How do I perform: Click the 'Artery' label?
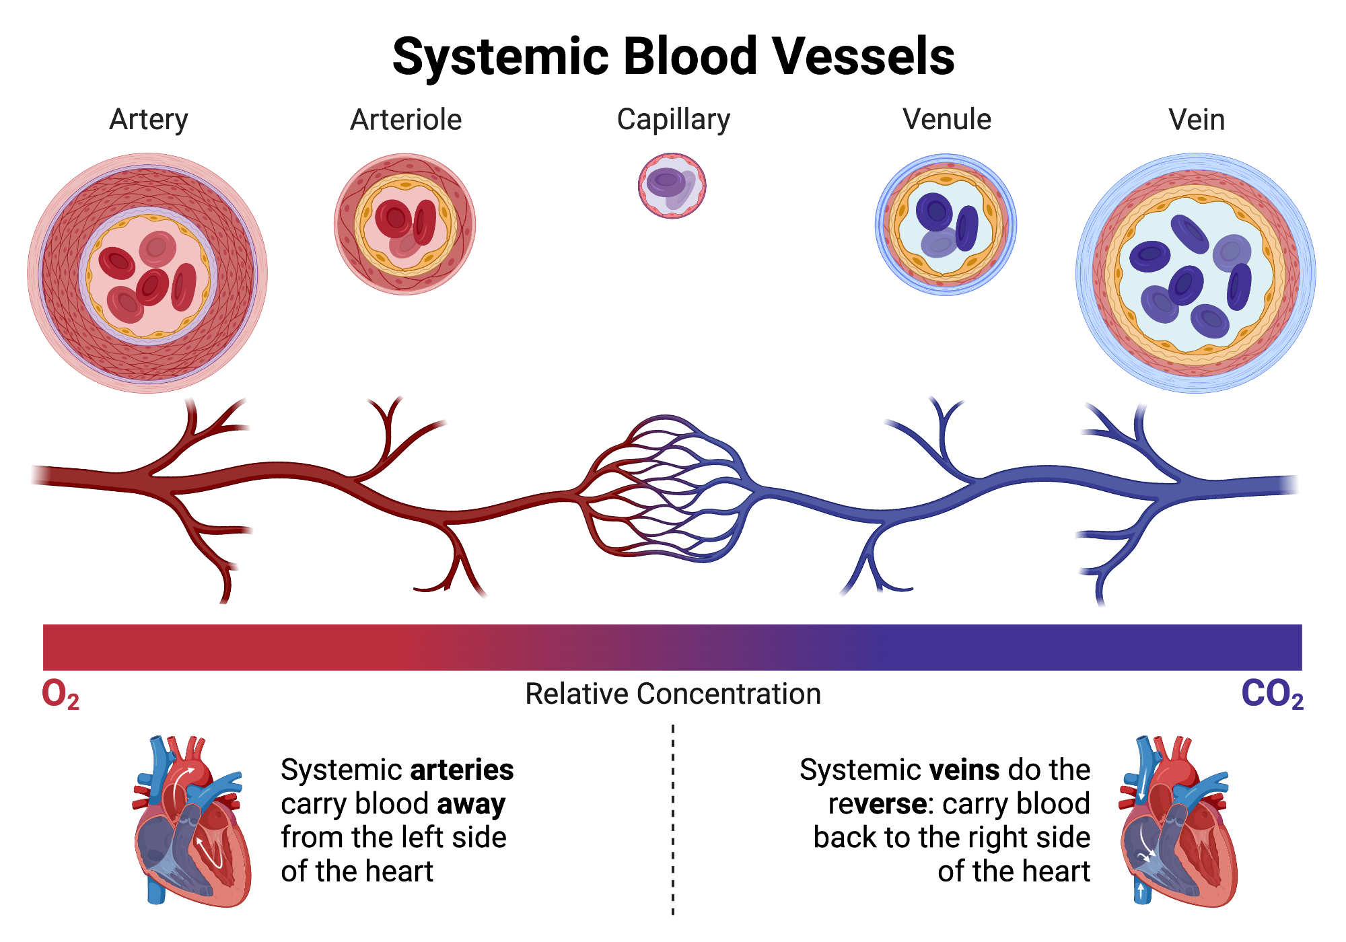(x=149, y=120)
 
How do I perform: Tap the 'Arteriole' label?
(x=406, y=120)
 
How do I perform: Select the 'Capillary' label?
(x=673, y=120)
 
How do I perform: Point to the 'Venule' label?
(x=946, y=120)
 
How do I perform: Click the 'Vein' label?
(x=1197, y=120)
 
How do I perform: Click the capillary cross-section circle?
(x=672, y=186)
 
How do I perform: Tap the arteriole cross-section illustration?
(x=405, y=224)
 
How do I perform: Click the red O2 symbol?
(x=61, y=694)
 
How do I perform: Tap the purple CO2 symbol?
(x=1272, y=694)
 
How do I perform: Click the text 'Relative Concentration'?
(x=673, y=694)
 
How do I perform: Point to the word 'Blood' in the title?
(x=690, y=56)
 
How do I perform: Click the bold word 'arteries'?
(x=462, y=770)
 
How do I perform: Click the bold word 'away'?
(x=471, y=803)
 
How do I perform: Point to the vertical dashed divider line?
(x=673, y=821)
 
